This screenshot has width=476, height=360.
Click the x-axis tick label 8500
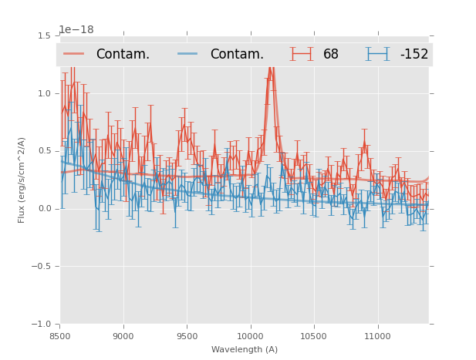[x=60, y=336]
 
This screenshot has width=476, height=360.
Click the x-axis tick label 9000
[x=123, y=336]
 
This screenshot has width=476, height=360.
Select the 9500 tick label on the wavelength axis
[x=187, y=336]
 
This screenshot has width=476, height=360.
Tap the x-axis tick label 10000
[x=250, y=336]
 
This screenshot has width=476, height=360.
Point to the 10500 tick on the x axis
[x=313, y=336]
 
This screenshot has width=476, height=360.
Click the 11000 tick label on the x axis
[x=377, y=336]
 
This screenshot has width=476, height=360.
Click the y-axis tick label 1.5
[x=46, y=35]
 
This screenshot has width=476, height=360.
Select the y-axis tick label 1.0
[x=46, y=93]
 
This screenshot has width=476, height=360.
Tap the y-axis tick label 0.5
[x=46, y=151]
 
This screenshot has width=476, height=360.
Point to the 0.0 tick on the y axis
[x=46, y=209]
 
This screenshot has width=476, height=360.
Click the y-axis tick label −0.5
[x=42, y=267]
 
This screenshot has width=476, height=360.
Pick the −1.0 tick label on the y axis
[x=42, y=325]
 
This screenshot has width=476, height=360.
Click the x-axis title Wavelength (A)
[x=245, y=349]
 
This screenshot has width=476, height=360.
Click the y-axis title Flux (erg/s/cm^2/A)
[x=22, y=180]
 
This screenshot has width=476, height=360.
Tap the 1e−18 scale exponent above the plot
[x=76, y=30]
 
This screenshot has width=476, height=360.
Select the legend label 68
[x=331, y=54]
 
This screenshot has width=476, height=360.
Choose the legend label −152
[x=414, y=54]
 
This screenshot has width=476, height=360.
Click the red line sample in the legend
[x=75, y=54]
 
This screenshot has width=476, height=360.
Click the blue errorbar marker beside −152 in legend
[x=378, y=54]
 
